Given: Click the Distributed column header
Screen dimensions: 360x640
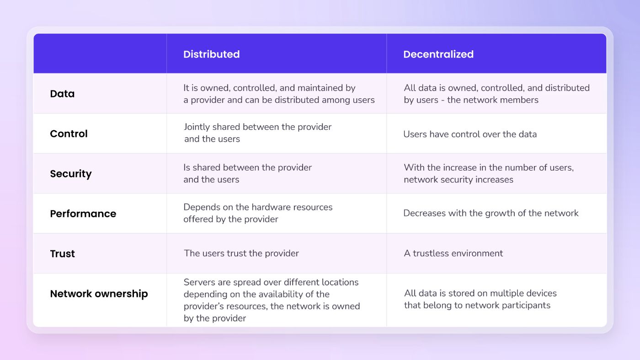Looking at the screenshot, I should [x=211, y=54].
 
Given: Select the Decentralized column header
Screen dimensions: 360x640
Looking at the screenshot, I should [x=438, y=54].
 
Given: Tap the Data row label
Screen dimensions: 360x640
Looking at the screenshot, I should [x=62, y=94].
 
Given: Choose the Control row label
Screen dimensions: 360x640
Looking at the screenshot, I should [x=69, y=134].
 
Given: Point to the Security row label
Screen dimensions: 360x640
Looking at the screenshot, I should [x=71, y=174].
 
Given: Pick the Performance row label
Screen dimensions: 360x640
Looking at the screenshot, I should [x=83, y=214].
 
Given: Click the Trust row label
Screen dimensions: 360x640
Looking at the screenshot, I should [x=62, y=253].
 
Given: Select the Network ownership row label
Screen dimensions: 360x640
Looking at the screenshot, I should [x=99, y=294].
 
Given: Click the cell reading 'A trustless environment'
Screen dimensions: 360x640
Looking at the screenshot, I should [x=453, y=253].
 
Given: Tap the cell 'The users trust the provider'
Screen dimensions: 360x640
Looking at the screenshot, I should [x=241, y=253].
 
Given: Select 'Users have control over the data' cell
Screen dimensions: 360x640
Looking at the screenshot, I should [x=469, y=134].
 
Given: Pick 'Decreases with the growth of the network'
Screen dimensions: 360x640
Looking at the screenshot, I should [x=491, y=213].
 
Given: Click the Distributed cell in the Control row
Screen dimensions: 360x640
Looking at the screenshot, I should [x=257, y=133].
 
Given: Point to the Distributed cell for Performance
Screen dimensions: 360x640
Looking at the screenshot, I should [x=257, y=213].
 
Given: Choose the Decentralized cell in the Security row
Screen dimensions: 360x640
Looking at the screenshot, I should [x=488, y=173].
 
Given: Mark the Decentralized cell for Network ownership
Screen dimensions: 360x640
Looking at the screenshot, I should [x=480, y=299].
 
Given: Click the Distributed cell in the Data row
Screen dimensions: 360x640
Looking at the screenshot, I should [x=279, y=94].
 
